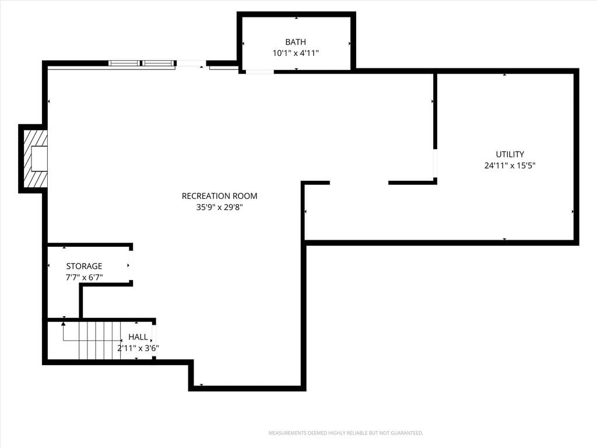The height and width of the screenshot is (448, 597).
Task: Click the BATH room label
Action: [x=296, y=42]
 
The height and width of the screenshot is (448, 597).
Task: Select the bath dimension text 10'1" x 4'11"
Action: [x=296, y=53]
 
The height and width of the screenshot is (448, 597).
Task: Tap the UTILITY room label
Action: [x=510, y=154]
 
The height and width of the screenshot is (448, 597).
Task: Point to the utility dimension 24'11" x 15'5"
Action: [x=510, y=166]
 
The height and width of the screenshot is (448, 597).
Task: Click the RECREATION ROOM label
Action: [x=219, y=196]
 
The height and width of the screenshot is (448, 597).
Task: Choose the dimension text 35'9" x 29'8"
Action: [x=219, y=208]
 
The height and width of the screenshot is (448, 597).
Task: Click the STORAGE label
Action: [x=84, y=266]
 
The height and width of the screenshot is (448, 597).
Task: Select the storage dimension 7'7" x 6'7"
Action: [x=84, y=277]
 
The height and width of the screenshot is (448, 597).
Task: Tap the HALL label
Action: [x=138, y=337]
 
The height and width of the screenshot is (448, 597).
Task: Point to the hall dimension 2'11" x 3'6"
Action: [x=138, y=348]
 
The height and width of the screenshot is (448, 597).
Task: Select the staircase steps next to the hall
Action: [x=100, y=340]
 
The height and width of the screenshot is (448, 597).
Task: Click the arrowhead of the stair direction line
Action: [x=64, y=324]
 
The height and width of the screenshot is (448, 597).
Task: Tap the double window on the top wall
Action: [x=142, y=63]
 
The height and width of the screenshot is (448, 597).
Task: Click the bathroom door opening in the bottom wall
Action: [x=259, y=72]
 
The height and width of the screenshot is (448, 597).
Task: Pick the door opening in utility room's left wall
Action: [x=435, y=163]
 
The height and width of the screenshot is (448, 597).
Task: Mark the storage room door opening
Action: [x=131, y=265]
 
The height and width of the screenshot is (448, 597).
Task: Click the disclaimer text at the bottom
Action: [x=346, y=433]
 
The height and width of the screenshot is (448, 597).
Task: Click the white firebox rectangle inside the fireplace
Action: [x=39, y=159]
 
